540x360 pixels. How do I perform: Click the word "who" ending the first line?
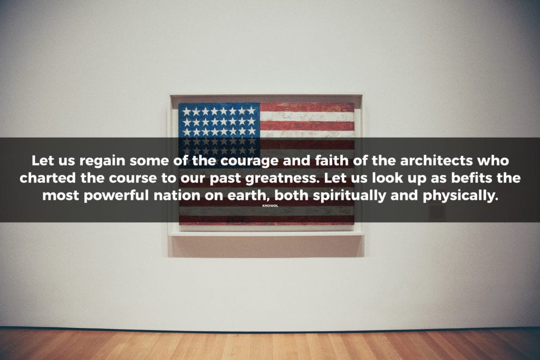point(493,160)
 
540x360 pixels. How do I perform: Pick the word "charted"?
point(47,178)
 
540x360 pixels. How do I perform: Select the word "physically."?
point(460,196)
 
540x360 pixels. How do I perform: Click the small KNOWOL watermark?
point(270,206)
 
